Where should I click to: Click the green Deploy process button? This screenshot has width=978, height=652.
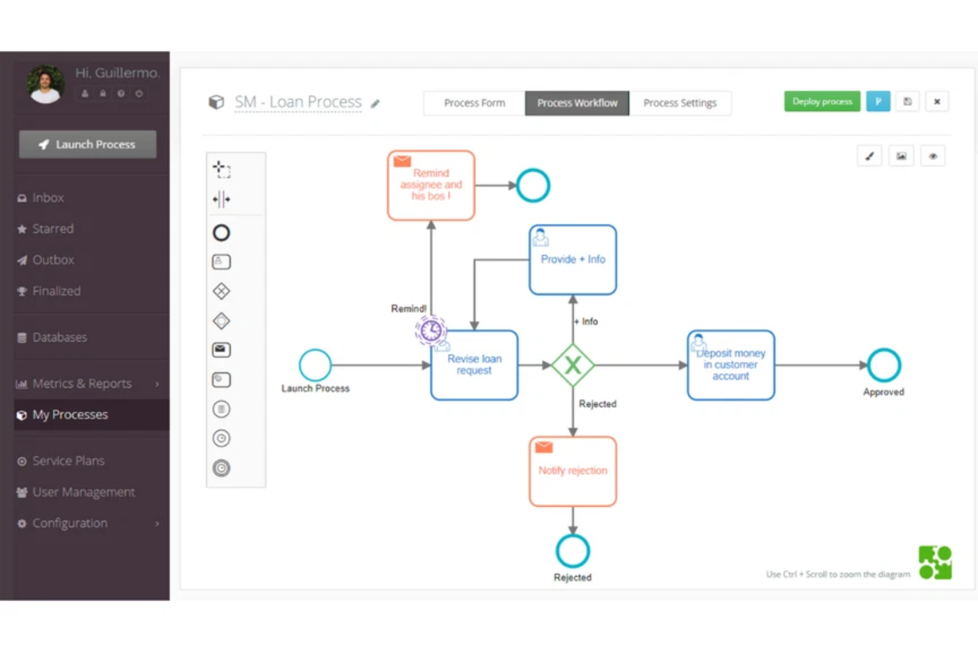[821, 102]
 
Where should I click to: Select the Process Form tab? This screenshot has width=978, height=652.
[474, 103]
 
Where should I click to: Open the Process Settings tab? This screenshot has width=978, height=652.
[679, 103]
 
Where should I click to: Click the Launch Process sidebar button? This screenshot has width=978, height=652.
[88, 144]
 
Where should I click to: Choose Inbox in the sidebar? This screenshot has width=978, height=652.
[48, 198]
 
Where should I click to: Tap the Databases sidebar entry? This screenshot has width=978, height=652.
[59, 337]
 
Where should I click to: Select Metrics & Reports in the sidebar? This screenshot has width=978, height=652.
[82, 383]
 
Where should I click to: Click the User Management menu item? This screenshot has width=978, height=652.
[83, 491]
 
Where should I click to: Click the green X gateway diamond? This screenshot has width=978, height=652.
[572, 365]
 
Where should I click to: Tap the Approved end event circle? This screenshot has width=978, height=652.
[884, 365]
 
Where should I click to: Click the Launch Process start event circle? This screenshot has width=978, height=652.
[315, 365]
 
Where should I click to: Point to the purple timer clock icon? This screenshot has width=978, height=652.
[431, 330]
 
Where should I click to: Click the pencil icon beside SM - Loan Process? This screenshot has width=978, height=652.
[375, 104]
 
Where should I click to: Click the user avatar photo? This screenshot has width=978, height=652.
[45, 84]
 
